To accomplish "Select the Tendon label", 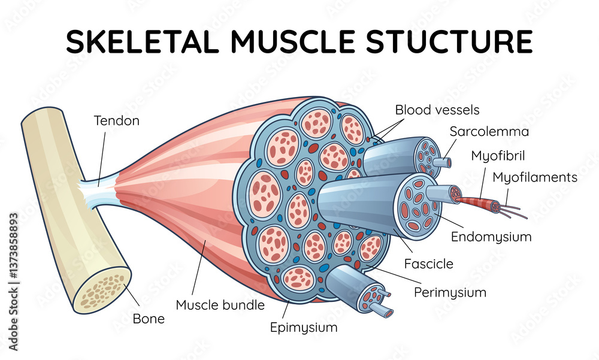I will click(117, 121).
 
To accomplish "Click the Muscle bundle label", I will click(220, 305).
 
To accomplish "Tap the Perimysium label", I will click(450, 293).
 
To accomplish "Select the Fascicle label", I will click(428, 264).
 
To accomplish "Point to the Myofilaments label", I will click(535, 177).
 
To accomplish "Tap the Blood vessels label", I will click(437, 110).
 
